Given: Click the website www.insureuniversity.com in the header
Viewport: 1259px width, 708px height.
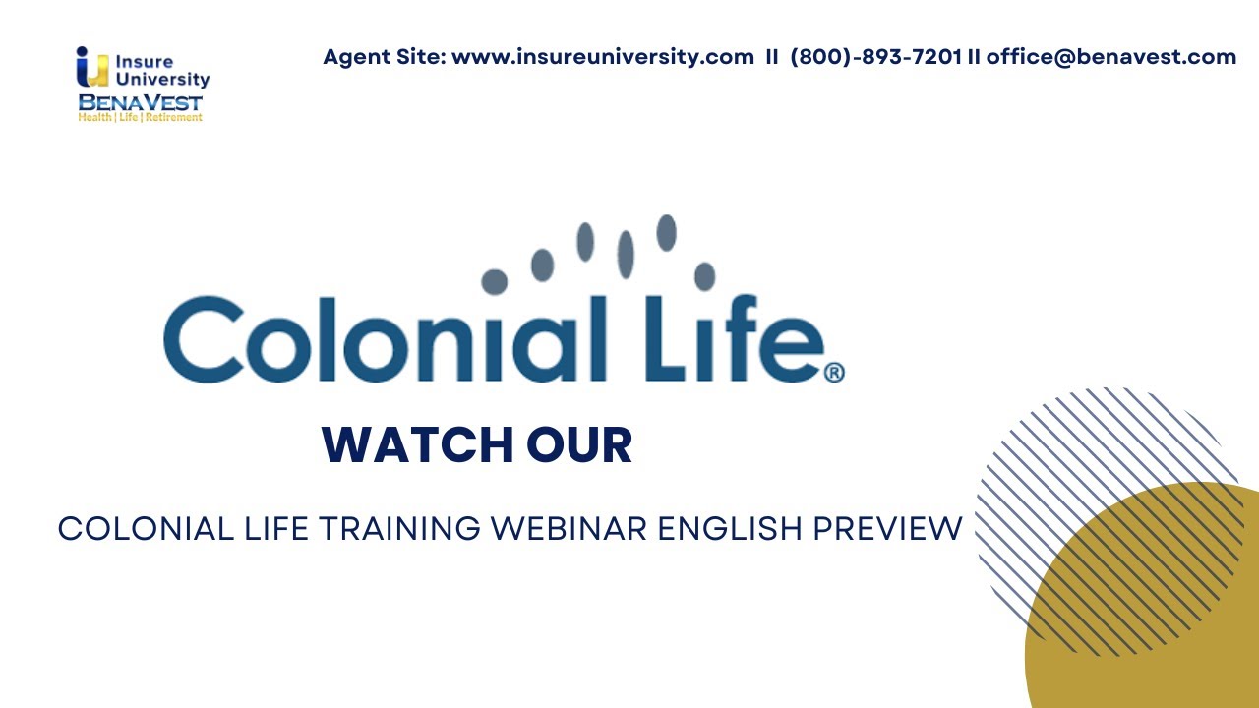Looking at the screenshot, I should pyautogui.click(x=602, y=57).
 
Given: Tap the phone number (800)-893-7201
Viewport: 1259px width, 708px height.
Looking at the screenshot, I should pyautogui.click(x=875, y=57).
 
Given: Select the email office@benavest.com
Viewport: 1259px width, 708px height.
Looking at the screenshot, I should pyautogui.click(x=1111, y=57).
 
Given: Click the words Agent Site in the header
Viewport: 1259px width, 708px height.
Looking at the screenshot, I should pyautogui.click(x=383, y=57).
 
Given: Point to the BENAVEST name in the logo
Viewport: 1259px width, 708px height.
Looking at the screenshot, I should pyautogui.click(x=141, y=102).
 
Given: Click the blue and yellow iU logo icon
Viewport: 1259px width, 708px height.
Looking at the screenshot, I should pyautogui.click(x=91, y=68).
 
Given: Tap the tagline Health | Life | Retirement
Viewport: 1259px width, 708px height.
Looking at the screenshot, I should pyautogui.click(x=141, y=117).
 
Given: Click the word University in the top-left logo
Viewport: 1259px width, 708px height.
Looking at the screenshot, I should pyautogui.click(x=162, y=80).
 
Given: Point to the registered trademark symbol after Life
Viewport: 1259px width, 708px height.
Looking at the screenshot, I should pyautogui.click(x=833, y=373).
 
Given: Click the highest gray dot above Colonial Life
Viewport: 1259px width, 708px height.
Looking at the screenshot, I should pyautogui.click(x=666, y=232).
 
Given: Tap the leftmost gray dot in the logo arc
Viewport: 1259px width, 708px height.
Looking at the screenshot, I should pyautogui.click(x=494, y=282).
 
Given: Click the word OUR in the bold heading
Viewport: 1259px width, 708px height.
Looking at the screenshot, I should pyautogui.click(x=579, y=445).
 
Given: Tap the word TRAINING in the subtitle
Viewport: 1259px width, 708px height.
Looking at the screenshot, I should pyautogui.click(x=397, y=529).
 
